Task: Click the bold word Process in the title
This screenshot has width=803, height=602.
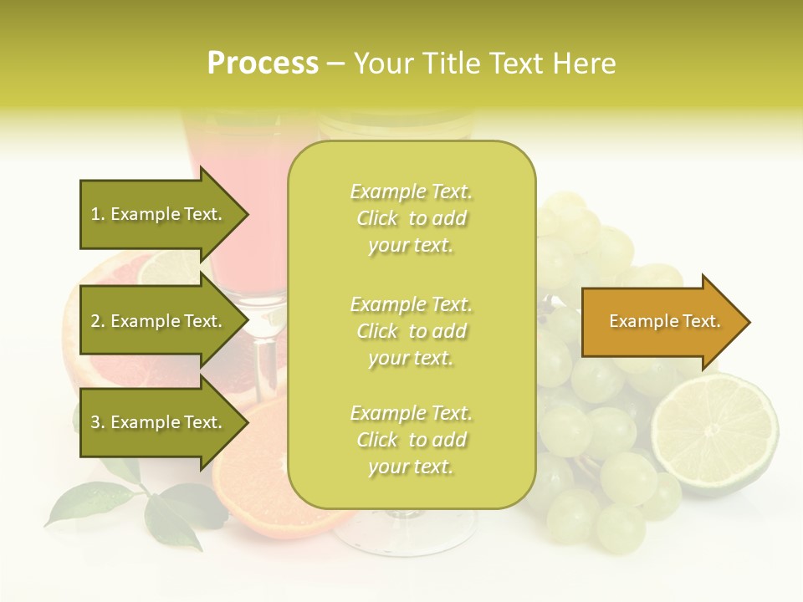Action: pos(263,64)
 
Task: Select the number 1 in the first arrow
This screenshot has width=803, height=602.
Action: pos(95,215)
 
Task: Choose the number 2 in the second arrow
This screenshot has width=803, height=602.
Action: pos(95,322)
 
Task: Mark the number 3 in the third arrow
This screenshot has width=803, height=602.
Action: pos(95,423)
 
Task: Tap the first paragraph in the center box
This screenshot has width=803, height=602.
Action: pos(411,218)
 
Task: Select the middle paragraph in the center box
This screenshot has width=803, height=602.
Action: pos(411,331)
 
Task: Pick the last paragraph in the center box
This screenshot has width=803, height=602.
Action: pos(411,440)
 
